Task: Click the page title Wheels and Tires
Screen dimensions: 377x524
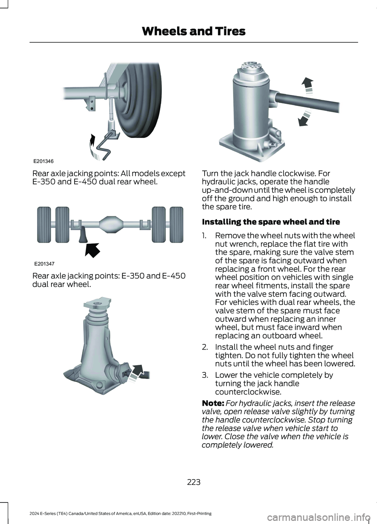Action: pyautogui.click(x=194, y=31)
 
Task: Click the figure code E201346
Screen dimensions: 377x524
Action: pyautogui.click(x=44, y=161)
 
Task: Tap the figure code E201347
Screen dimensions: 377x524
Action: pyautogui.click(x=44, y=264)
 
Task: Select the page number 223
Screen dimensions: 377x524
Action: pyautogui.click(x=194, y=482)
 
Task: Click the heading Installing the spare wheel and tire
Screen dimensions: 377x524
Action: pyautogui.click(x=271, y=221)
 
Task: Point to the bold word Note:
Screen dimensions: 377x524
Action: pyautogui.click(x=213, y=403)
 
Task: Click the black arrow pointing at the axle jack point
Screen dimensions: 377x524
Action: pyautogui.click(x=93, y=250)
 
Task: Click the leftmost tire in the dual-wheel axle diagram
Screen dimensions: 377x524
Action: pyautogui.click(x=44, y=225)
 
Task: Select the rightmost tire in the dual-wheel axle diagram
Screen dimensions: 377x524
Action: pyautogui.click(x=176, y=225)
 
